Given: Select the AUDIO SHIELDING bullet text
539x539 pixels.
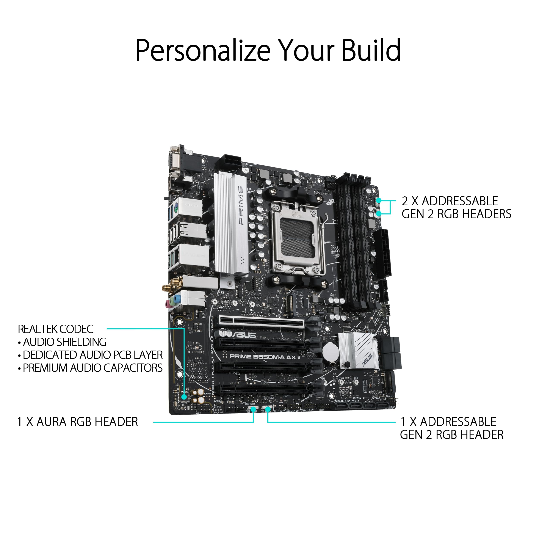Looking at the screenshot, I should (64, 342).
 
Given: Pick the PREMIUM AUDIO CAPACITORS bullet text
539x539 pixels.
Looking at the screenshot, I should (92, 368).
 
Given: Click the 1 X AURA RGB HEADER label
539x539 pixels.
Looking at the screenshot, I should (78, 422).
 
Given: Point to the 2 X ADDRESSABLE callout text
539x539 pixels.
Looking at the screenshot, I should (450, 201).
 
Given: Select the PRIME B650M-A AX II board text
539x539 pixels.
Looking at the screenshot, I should (265, 357).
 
